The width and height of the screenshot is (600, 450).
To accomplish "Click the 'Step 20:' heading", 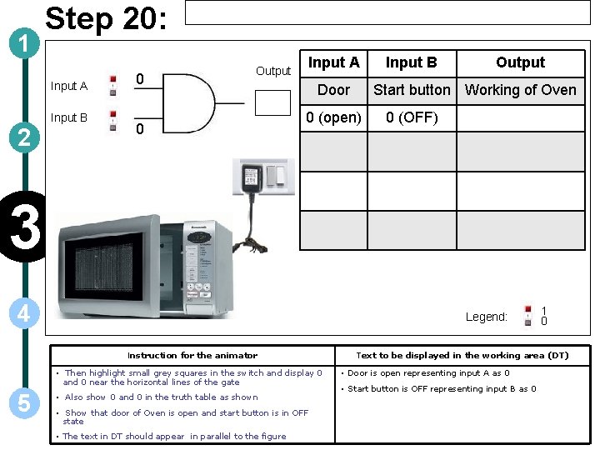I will click(x=107, y=20).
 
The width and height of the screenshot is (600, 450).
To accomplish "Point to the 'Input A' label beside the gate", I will click(x=68, y=86).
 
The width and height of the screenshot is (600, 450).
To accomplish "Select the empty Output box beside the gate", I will click(x=272, y=102).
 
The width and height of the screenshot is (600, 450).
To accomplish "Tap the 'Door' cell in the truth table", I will click(x=333, y=90).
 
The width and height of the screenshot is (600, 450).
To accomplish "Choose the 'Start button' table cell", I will click(x=412, y=90).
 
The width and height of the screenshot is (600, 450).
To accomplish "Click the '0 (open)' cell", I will click(x=333, y=117).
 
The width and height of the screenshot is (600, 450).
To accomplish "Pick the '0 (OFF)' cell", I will click(x=412, y=117).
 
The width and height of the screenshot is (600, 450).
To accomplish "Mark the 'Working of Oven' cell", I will click(x=520, y=90).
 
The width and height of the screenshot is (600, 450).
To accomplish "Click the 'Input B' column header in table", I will click(x=412, y=62).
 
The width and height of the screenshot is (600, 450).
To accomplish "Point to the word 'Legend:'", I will click(x=486, y=317).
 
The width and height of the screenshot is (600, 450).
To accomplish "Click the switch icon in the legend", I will click(x=527, y=316).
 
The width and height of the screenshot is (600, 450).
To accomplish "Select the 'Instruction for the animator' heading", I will click(x=192, y=355).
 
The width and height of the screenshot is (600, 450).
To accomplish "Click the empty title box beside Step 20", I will click(x=386, y=12).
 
